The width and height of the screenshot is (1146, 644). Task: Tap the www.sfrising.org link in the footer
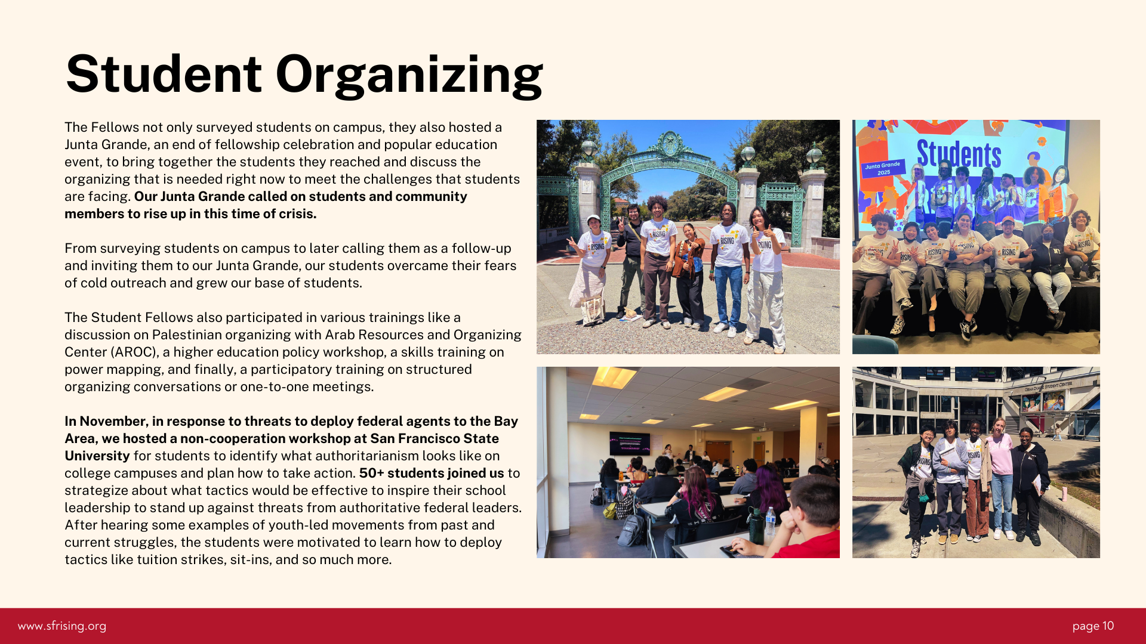coord(62,626)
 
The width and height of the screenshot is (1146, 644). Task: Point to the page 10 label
coord(1093,626)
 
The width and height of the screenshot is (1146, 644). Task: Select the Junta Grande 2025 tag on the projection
coord(883,168)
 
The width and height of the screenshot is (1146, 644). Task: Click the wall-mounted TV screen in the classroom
coord(630,443)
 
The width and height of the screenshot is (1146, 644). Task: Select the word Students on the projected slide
coord(959,154)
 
